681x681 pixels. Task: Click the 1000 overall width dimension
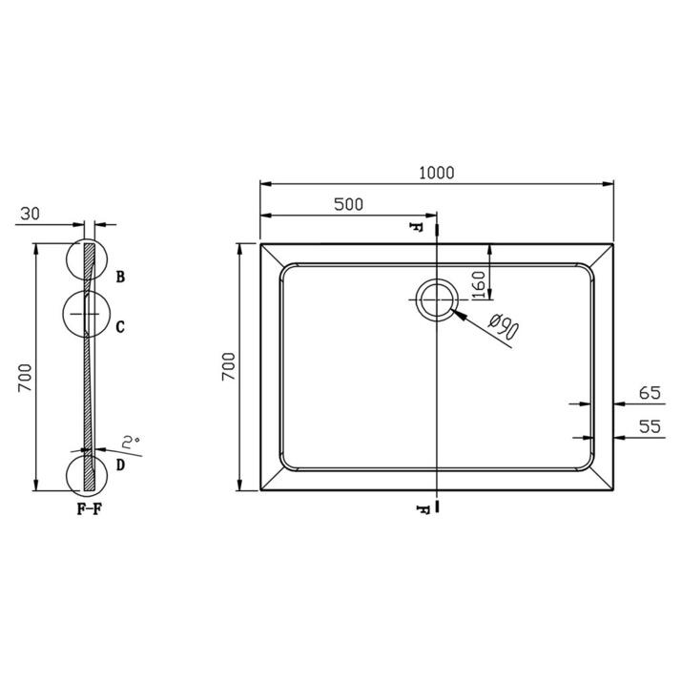tap(436, 173)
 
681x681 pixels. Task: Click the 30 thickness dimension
tap(29, 215)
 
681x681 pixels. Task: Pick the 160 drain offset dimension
tap(479, 282)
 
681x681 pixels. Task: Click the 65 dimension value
tap(650, 392)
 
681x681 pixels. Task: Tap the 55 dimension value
tap(650, 426)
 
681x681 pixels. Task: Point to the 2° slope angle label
tap(131, 443)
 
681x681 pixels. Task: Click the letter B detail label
tap(121, 278)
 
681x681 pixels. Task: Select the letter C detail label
tap(120, 327)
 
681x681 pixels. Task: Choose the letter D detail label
tap(120, 464)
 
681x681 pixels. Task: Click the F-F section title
tap(89, 507)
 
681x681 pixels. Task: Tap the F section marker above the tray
tap(416, 228)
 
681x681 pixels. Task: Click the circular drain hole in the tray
tap(436, 300)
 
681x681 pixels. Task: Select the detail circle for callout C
tap(87, 313)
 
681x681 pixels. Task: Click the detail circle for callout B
tap(89, 260)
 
